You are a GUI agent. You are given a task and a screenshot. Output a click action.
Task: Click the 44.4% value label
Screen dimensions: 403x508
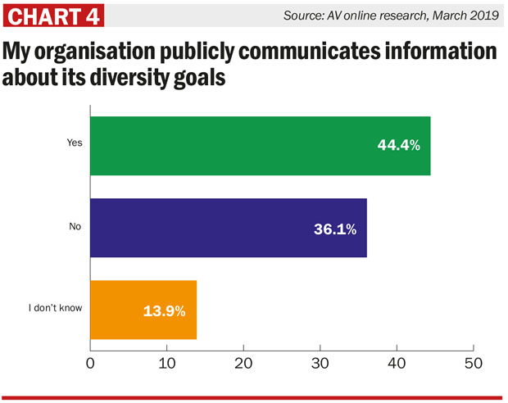point(398,146)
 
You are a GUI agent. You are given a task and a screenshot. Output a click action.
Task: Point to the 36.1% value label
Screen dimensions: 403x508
point(334,229)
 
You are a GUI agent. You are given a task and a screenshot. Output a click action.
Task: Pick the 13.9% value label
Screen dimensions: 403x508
point(164,311)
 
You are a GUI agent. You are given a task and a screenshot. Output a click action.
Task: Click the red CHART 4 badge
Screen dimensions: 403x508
point(55,16)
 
